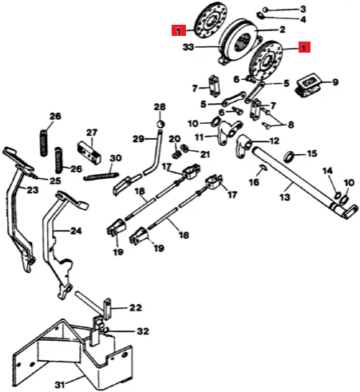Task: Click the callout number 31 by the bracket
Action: (60, 385)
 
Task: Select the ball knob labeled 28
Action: (160, 124)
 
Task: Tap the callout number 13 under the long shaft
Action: (285, 197)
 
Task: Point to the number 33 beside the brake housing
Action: (188, 47)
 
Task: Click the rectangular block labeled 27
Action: (89, 153)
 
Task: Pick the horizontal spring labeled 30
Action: (101, 176)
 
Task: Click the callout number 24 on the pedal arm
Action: (76, 231)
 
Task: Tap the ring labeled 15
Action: (290, 156)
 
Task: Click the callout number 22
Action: (136, 307)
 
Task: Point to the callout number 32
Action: (143, 331)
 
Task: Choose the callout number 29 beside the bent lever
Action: (139, 139)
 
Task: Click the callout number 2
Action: (282, 30)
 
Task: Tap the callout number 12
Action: (274, 141)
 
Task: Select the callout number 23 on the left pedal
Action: (33, 190)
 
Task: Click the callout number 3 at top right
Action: (303, 10)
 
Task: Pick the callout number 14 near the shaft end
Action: (328, 171)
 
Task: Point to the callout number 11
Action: (199, 137)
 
